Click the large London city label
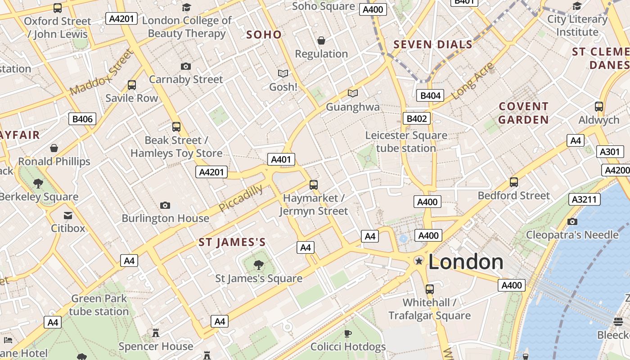point(466,262)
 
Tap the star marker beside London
point(419,261)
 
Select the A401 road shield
point(281,159)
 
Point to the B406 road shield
point(82,119)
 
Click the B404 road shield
point(430,95)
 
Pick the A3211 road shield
point(585,199)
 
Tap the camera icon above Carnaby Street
point(186,66)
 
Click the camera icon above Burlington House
point(165,205)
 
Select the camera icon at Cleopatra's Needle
point(572,221)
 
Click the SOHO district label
point(264,35)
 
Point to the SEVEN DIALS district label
point(433,44)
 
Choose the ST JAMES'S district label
point(232,243)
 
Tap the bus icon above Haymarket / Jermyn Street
point(314,184)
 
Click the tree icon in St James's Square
point(259,265)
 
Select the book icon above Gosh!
point(283,73)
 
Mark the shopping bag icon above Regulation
point(321,40)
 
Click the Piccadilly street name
point(241,198)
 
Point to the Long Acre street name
point(472,81)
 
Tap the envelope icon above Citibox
point(68,215)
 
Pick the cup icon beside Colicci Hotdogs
point(347,333)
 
